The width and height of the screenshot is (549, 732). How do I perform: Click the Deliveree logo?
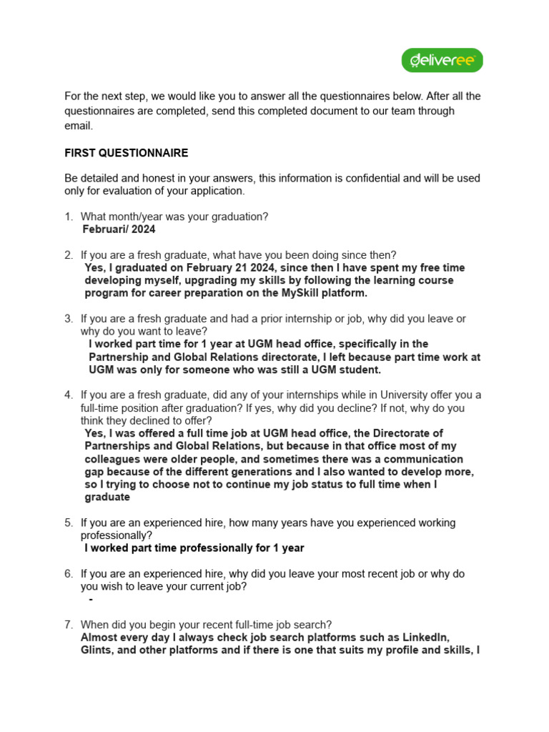[x=442, y=61]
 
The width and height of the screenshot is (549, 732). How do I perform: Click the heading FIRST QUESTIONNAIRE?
[x=127, y=153]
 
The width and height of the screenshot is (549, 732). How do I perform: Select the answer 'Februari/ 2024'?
[x=119, y=229]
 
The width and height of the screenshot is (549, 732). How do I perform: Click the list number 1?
[x=68, y=217]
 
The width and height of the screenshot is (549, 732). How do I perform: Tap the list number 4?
[x=68, y=395]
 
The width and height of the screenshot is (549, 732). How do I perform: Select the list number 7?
[x=68, y=625]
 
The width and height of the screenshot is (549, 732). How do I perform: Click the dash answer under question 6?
[x=91, y=599]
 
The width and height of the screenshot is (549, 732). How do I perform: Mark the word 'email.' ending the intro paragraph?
[x=79, y=125]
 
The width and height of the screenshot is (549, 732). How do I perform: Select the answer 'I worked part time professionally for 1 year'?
[x=194, y=548]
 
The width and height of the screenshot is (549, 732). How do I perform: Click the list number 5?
[x=68, y=523]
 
